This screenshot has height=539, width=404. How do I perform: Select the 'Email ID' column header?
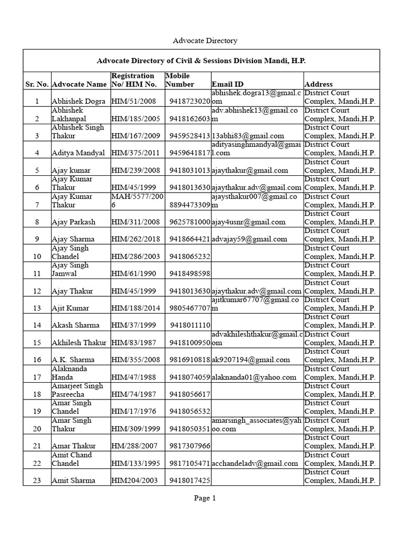(x=227, y=84)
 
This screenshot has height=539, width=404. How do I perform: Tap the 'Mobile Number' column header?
(x=180, y=80)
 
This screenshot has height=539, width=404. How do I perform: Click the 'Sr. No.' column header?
(x=37, y=84)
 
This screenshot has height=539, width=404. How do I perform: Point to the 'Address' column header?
(x=318, y=84)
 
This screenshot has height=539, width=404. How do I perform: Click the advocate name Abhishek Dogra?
(x=78, y=101)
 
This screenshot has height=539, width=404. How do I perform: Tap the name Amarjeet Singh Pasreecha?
(x=77, y=390)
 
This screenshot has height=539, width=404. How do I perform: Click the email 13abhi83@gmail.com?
(x=248, y=136)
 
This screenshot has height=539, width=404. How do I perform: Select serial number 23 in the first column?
(x=37, y=481)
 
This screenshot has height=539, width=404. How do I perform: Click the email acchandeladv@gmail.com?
(x=256, y=464)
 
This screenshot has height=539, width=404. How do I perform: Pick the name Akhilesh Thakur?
(x=79, y=343)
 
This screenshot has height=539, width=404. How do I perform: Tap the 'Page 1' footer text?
(x=205, y=498)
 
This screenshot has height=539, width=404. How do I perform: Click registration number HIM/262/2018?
(x=135, y=239)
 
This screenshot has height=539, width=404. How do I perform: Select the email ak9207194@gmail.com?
(x=251, y=360)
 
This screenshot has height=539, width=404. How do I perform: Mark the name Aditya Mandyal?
(x=78, y=153)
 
